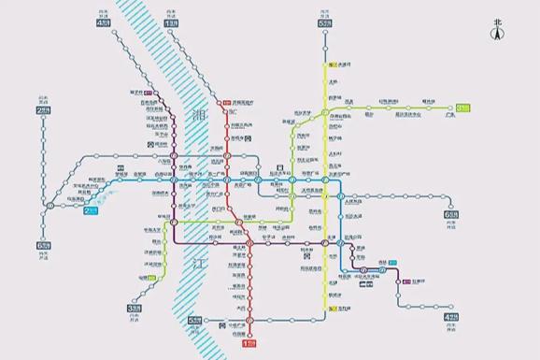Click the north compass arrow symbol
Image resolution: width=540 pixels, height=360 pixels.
click(x=497, y=33)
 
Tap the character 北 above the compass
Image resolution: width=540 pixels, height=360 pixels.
click(x=497, y=21)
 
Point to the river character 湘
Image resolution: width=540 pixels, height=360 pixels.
click(x=197, y=116)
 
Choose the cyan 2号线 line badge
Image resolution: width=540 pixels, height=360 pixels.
click(x=92, y=211)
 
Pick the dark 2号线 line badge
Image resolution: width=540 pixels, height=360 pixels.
click(x=43, y=110)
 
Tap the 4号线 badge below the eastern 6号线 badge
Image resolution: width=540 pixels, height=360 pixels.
click(x=451, y=317)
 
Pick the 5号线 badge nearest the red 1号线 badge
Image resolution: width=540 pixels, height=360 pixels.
click(x=194, y=322)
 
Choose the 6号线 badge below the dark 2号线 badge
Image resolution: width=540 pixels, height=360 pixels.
click(x=43, y=245)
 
